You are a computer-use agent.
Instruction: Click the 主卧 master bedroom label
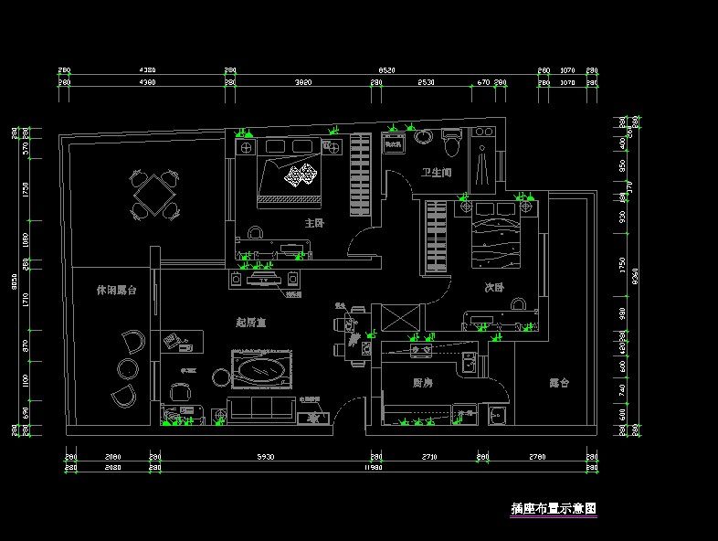pyautogui.click(x=314, y=222)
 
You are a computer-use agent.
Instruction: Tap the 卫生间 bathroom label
pyautogui.click(x=436, y=172)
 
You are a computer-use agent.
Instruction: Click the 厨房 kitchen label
pyautogui.click(x=422, y=383)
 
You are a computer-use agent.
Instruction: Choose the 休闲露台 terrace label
pyautogui.click(x=116, y=290)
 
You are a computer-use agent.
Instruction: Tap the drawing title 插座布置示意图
pyautogui.click(x=554, y=508)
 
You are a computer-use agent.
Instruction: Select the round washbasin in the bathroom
pyautogui.click(x=424, y=138)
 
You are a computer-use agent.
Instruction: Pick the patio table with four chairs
pyautogui.click(x=153, y=193)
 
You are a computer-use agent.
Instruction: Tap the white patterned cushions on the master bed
pyautogui.click(x=301, y=175)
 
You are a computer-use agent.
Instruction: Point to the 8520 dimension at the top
pyautogui.click(x=386, y=69)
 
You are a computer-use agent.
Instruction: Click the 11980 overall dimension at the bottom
pyautogui.click(x=372, y=468)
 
